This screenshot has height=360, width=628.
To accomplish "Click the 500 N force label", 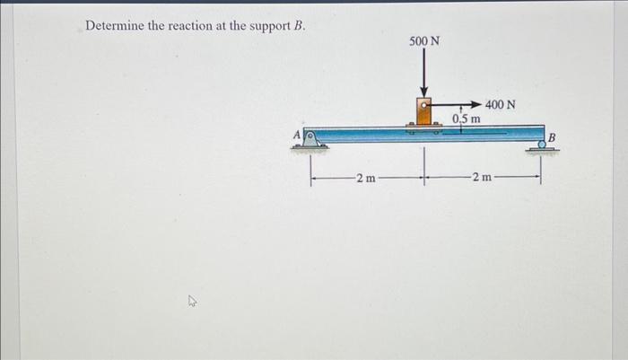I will (424, 41).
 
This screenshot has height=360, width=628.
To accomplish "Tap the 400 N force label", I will (500, 104).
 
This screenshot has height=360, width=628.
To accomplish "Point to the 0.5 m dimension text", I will (467, 119).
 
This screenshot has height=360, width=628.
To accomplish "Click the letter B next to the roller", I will (553, 137).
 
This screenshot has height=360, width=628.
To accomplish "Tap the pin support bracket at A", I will (309, 138).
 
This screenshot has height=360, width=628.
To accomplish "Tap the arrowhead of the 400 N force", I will (475, 104).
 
